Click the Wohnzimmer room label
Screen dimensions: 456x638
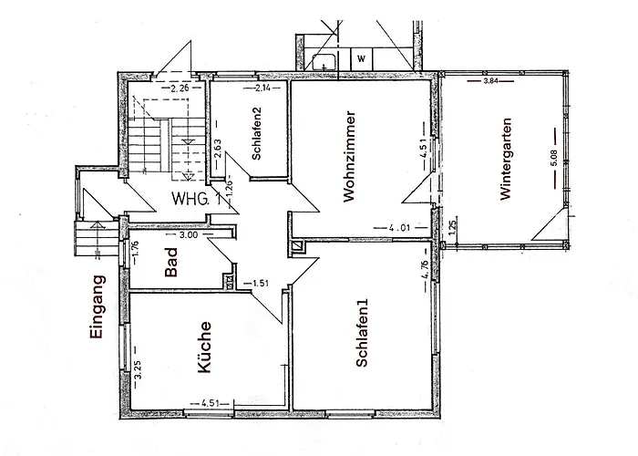point(349,157)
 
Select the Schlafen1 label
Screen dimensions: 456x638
point(363,335)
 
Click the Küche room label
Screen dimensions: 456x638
point(206,348)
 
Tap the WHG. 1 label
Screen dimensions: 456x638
point(196,199)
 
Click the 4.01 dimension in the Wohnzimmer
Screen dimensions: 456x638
point(397,228)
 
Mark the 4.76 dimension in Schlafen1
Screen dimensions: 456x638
point(425,275)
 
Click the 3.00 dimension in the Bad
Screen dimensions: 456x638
point(189,234)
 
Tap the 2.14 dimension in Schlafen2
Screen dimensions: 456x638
point(262,88)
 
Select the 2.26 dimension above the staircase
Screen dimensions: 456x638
point(180,88)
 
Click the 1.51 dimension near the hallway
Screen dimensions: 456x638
point(261,284)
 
